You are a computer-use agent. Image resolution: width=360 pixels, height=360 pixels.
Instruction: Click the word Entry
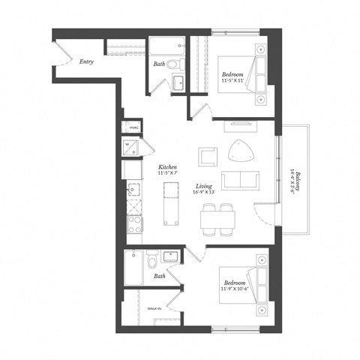coord(86,62)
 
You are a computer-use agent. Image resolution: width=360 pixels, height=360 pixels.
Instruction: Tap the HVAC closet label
coord(133,127)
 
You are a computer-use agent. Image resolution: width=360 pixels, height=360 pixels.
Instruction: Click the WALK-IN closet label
coord(154,308)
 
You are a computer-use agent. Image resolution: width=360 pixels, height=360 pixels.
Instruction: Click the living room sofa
coord(238,181)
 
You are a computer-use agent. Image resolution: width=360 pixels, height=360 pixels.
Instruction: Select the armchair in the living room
coord(208,157)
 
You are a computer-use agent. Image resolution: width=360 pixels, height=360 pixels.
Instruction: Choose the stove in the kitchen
coord(134,223)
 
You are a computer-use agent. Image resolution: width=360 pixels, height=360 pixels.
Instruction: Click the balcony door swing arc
coord(264,217)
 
